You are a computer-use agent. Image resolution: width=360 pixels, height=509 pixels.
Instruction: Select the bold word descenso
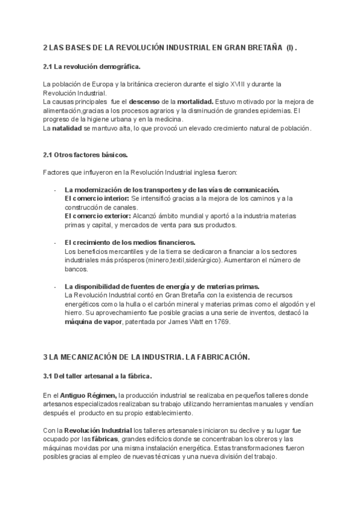pyautogui.click(x=145, y=101)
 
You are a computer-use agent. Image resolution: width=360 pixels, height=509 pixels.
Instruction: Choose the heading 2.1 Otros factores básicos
pyautogui.click(x=85, y=155)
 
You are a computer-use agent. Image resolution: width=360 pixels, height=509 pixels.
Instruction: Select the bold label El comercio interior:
pyautogui.click(x=96, y=198)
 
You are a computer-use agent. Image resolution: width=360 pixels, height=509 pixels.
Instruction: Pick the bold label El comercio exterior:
pyautogui.click(x=97, y=215)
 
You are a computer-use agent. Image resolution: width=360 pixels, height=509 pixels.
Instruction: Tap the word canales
pyautogui.click(x=124, y=206)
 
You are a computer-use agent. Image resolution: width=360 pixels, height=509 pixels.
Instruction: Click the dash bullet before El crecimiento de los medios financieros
pyautogui.click(x=55, y=242)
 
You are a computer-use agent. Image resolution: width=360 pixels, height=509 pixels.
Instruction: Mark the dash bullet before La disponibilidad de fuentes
pyautogui.click(x=55, y=286)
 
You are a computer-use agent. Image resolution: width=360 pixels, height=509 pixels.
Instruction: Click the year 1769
pyautogui.click(x=220, y=322)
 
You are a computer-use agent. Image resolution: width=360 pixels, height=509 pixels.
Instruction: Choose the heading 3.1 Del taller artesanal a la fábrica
pyautogui.click(x=97, y=376)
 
